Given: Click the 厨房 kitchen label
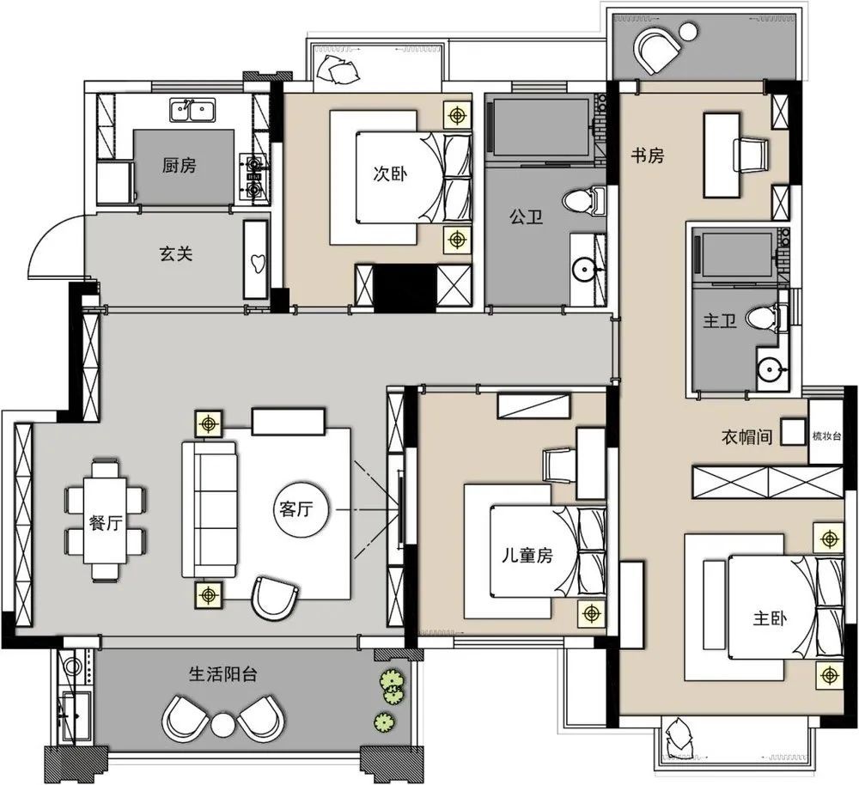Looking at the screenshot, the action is pos(180,166).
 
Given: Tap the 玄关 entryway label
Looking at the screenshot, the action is pos(176,253).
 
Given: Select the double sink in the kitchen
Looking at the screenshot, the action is pos(192,111).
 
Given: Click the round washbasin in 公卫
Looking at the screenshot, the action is pos(584,269).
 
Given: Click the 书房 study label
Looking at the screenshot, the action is pos(647,155).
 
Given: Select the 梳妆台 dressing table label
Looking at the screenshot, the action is pos(826,436).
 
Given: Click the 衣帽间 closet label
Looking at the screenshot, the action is pos(747,437).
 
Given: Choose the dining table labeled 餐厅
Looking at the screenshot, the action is pos(105,520).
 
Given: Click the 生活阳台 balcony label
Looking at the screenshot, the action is pos(223,673).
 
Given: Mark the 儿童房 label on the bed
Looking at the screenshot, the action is pos(528,556).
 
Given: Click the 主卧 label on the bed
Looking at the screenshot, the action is pos(770,618).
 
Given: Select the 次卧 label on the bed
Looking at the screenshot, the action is pos(390,174).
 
